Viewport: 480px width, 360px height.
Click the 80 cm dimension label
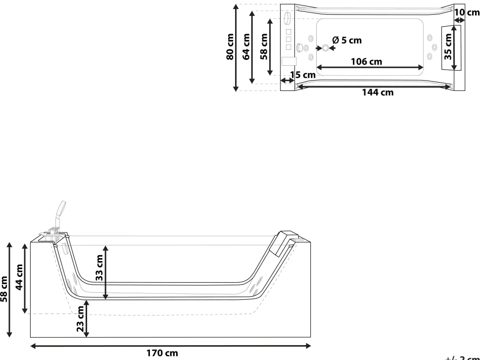pyautogui.click(x=230, y=47)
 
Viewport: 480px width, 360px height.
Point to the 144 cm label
pyautogui.click(x=378, y=92)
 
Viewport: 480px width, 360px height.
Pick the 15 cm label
pyautogui.click(x=302, y=75)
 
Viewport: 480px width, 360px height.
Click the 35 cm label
pyautogui.click(x=447, y=47)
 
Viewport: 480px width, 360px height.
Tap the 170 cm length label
pyautogui.click(x=162, y=354)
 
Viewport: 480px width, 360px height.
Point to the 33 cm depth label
pyautogui.click(x=99, y=269)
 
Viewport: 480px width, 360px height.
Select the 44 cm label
pyautogui.click(x=19, y=278)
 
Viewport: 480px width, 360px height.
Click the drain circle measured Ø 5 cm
pyautogui.click(x=326, y=48)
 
